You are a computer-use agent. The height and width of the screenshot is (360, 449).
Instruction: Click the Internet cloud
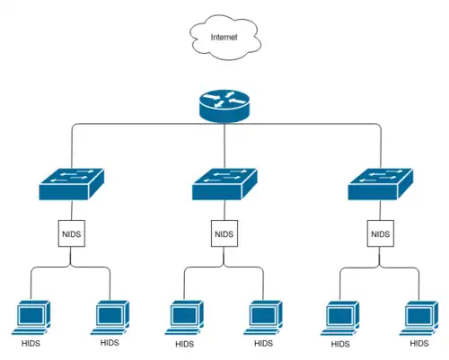coord(225,37)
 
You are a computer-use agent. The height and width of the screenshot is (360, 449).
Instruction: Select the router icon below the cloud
coord(224,106)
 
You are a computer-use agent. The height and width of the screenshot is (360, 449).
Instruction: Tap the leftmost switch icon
coord(72,184)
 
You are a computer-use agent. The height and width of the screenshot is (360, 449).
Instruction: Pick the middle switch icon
coord(224,184)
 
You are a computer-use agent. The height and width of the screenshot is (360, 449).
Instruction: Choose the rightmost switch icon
coord(381,184)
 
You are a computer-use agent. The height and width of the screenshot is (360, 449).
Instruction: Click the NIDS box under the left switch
coord(72,233)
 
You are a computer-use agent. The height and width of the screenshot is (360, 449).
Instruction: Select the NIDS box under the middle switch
coord(224,233)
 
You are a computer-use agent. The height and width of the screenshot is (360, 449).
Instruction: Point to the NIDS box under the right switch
coord(381,233)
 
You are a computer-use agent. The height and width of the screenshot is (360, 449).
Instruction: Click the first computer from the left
coord(31,318)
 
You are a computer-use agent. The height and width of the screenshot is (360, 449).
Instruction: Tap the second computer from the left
coord(110,318)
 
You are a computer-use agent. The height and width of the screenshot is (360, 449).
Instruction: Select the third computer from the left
coord(184,318)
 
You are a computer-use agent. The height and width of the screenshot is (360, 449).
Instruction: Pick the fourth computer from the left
coord(263,318)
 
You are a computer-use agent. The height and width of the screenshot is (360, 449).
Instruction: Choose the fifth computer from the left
coord(339,318)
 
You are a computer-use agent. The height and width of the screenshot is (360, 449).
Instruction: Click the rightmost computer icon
coord(418,318)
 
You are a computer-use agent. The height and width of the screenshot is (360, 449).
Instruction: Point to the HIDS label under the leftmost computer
coord(31,343)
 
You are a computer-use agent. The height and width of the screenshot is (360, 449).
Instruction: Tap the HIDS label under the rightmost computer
coord(419,343)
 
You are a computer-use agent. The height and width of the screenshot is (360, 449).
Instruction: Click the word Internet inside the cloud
coord(224,37)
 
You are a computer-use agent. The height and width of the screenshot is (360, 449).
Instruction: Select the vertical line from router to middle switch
coord(224,145)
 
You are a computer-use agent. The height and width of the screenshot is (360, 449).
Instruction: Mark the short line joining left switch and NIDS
coord(72,210)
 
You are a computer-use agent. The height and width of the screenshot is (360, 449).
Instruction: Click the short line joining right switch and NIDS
coord(380,210)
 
